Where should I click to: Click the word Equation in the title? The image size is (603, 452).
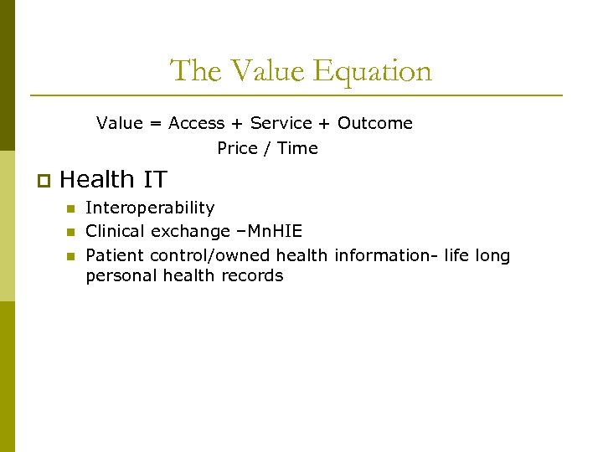374,71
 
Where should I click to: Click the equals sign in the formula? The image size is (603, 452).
156,123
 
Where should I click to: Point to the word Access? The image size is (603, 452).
196,123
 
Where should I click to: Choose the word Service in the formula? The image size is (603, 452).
281,123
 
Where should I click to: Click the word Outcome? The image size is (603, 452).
375,123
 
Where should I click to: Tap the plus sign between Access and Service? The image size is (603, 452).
237,123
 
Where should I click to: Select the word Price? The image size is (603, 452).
237,148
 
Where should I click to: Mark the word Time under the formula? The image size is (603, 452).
298,148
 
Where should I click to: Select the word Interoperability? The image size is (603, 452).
150,208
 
